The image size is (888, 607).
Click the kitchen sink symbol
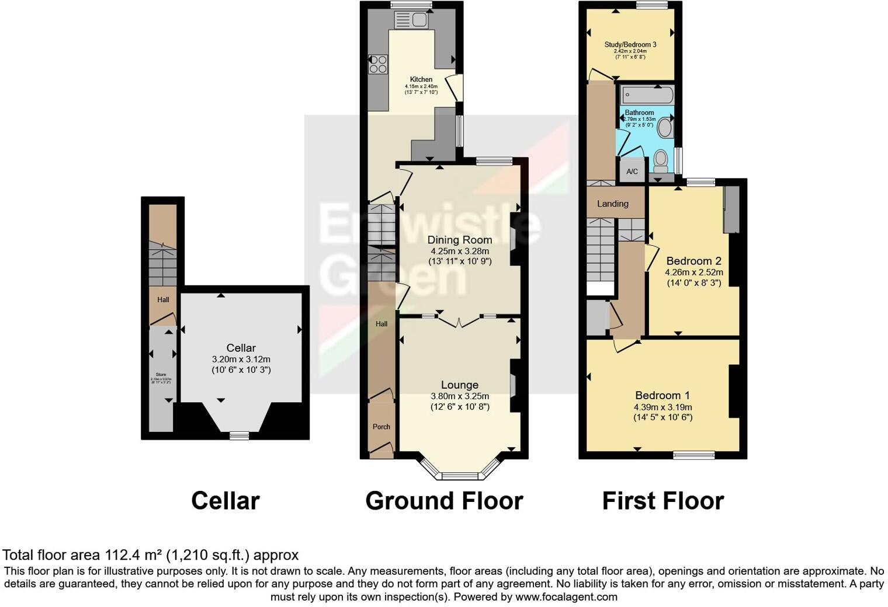pyautogui.click(x=411, y=20)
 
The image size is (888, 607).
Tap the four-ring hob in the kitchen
pyautogui.click(x=379, y=64)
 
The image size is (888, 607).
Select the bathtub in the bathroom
pyautogui.click(x=647, y=95)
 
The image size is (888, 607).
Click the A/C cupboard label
pyautogui.click(x=632, y=172)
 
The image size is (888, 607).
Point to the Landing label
pyautogui.click(x=613, y=204)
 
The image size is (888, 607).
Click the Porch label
pyautogui.click(x=381, y=427)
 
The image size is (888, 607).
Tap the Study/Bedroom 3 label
pyautogui.click(x=630, y=44)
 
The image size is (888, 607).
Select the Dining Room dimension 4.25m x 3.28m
pyautogui.click(x=460, y=251)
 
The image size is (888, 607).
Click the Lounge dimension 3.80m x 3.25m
pyautogui.click(x=460, y=396)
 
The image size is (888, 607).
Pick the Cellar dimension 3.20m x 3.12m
pyautogui.click(x=241, y=360)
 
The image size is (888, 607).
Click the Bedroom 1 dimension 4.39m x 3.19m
pyautogui.click(x=663, y=407)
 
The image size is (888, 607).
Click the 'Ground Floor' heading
pyautogui.click(x=444, y=501)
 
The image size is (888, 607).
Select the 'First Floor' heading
pyautogui.click(x=663, y=501)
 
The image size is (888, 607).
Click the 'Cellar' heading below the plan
pyautogui.click(x=226, y=501)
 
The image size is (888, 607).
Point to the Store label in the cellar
pyautogui.click(x=161, y=375)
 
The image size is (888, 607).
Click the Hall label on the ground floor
pyautogui.click(x=381, y=324)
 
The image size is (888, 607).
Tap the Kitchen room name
pyautogui.click(x=421, y=79)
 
